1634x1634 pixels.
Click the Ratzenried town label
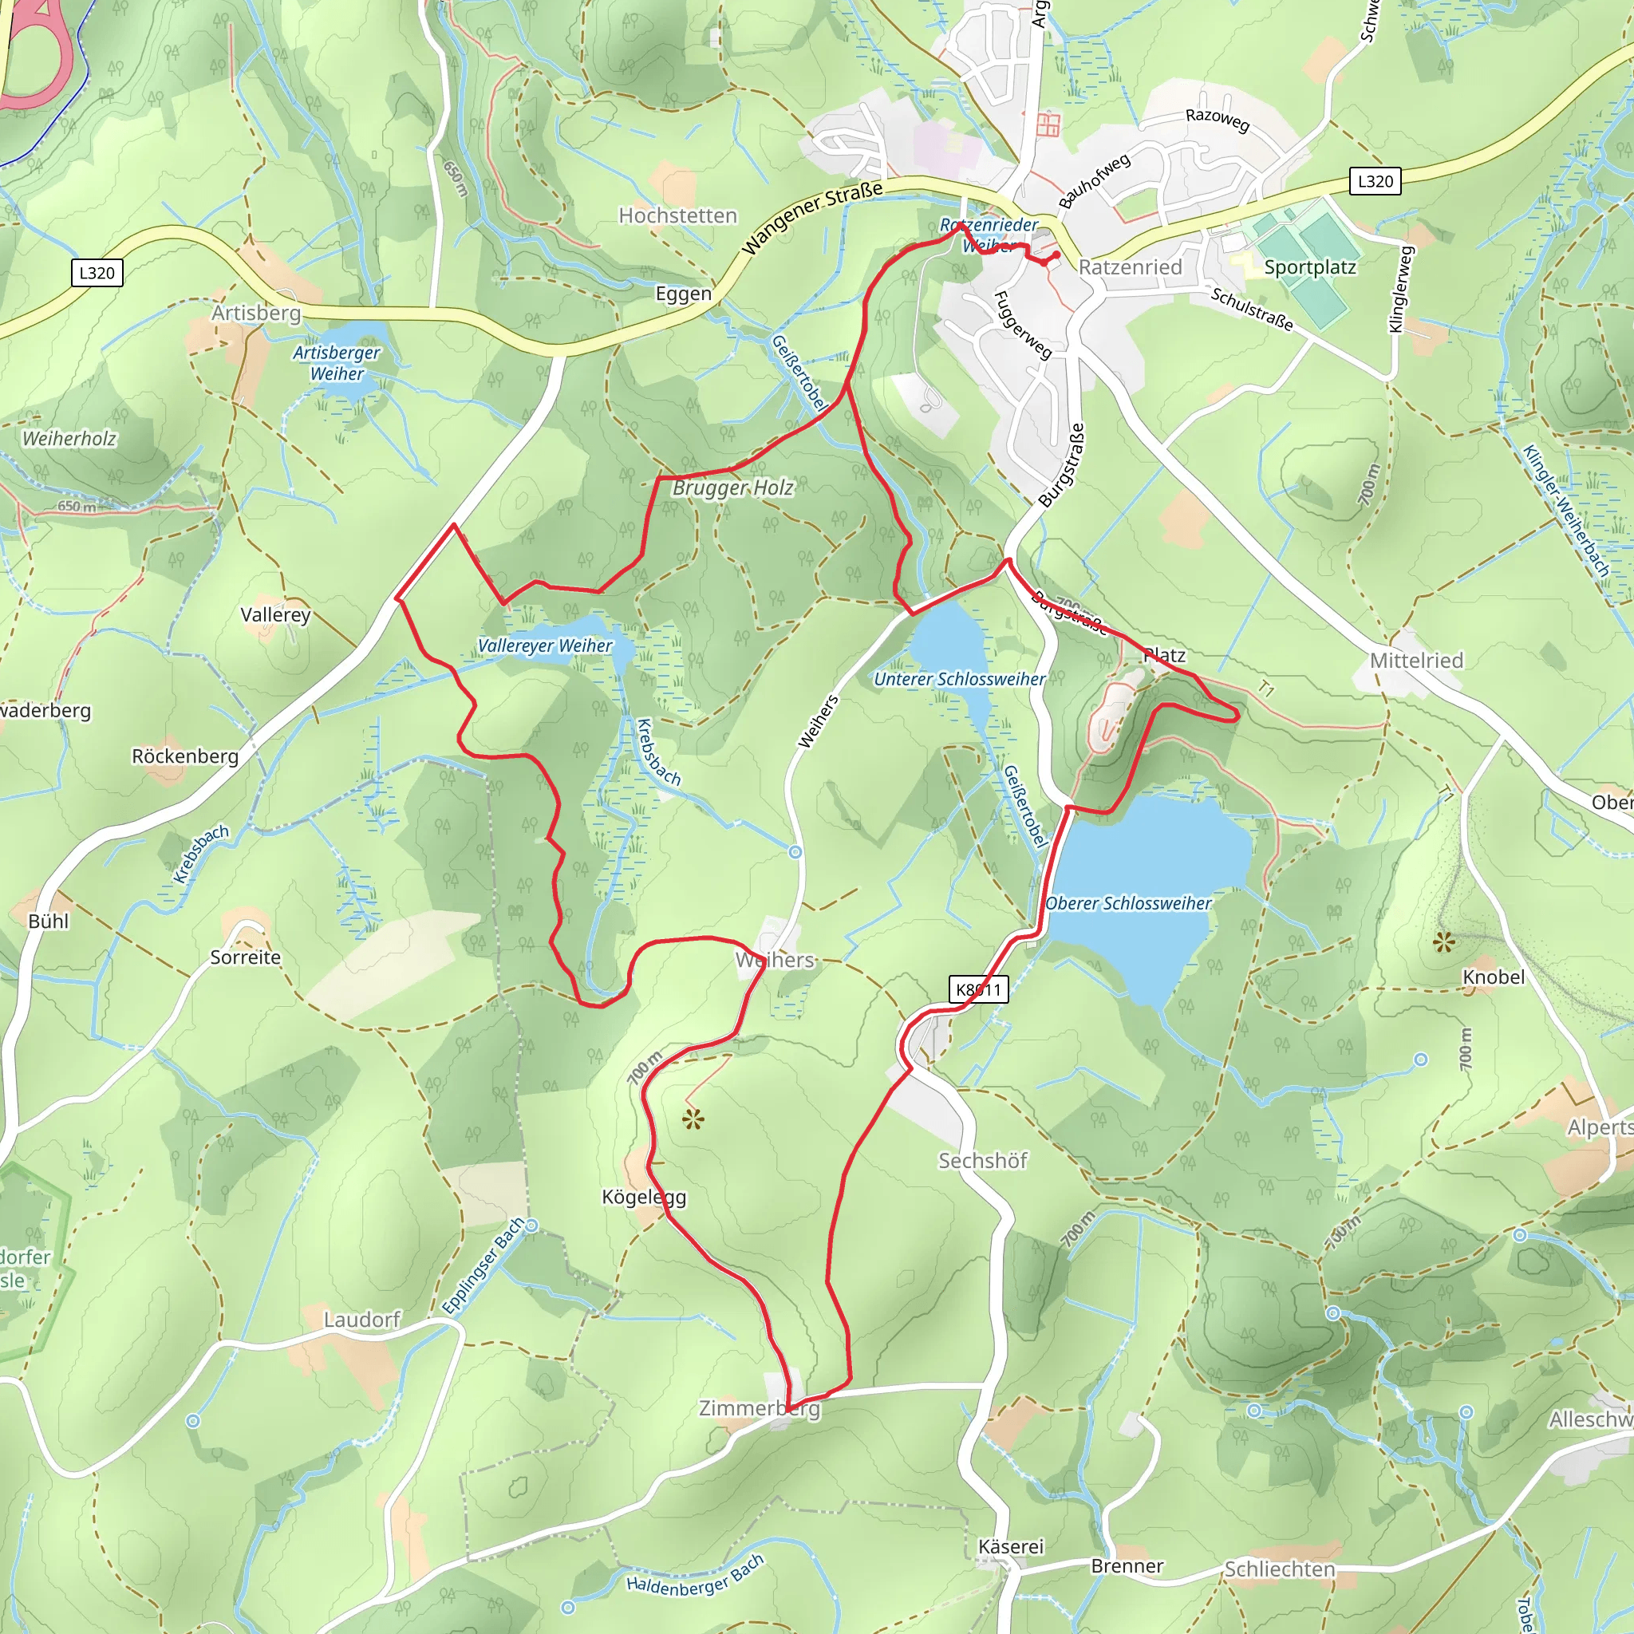pyautogui.click(x=1130, y=267)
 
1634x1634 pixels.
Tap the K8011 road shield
pyautogui.click(x=978, y=989)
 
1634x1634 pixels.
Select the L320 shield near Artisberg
pyautogui.click(x=97, y=272)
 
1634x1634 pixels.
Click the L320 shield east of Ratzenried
pyautogui.click(x=1375, y=181)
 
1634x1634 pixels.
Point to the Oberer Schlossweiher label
pyautogui.click(x=1128, y=903)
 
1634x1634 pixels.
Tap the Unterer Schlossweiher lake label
pyautogui.click(x=959, y=679)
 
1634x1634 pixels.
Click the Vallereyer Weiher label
pyautogui.click(x=545, y=645)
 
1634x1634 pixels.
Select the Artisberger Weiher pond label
pyautogui.click(x=337, y=363)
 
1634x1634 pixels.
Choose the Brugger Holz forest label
pyautogui.click(x=732, y=488)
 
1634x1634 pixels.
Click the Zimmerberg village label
pyautogui.click(x=759, y=1408)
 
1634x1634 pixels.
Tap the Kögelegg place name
pyautogui.click(x=644, y=1197)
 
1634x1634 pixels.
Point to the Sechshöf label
pyautogui.click(x=982, y=1160)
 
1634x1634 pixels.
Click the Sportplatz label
pyautogui.click(x=1309, y=267)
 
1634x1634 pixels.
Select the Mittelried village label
pyautogui.click(x=1416, y=661)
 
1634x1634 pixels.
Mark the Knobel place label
pyautogui.click(x=1494, y=977)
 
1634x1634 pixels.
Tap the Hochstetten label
pyautogui.click(x=677, y=215)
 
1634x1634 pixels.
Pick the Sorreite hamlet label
pyautogui.click(x=245, y=957)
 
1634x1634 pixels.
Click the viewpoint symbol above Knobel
pyautogui.click(x=1443, y=941)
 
